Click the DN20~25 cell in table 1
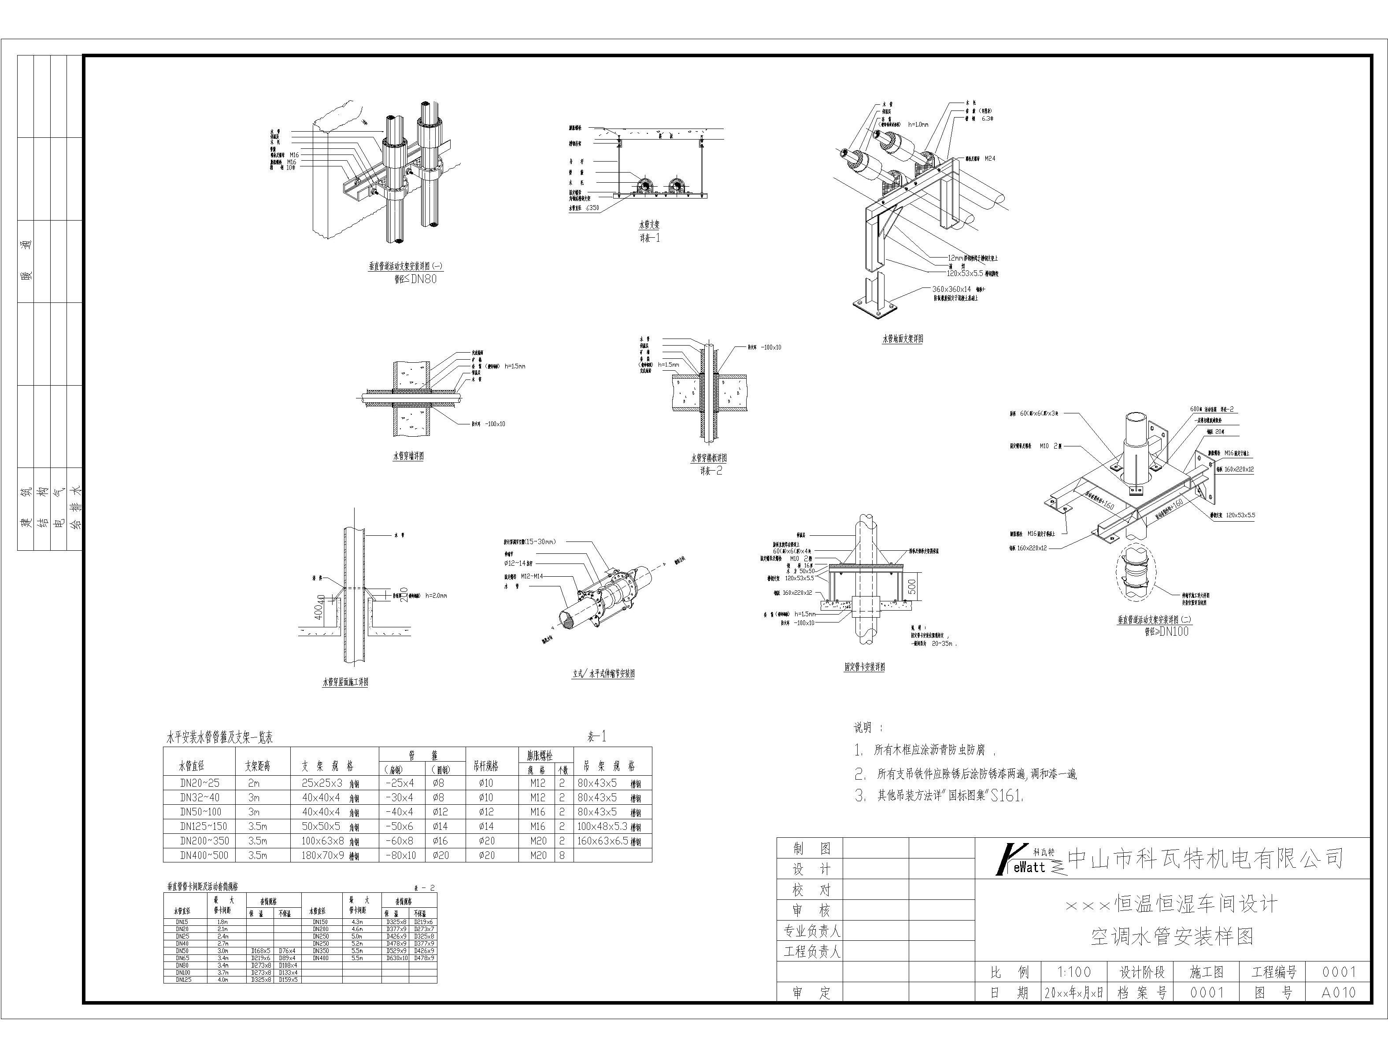[200, 783]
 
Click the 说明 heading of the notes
[867, 728]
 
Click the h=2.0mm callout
[436, 595]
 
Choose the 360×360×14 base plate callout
[952, 289]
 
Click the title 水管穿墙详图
[408, 456]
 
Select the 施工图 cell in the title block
[1206, 972]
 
